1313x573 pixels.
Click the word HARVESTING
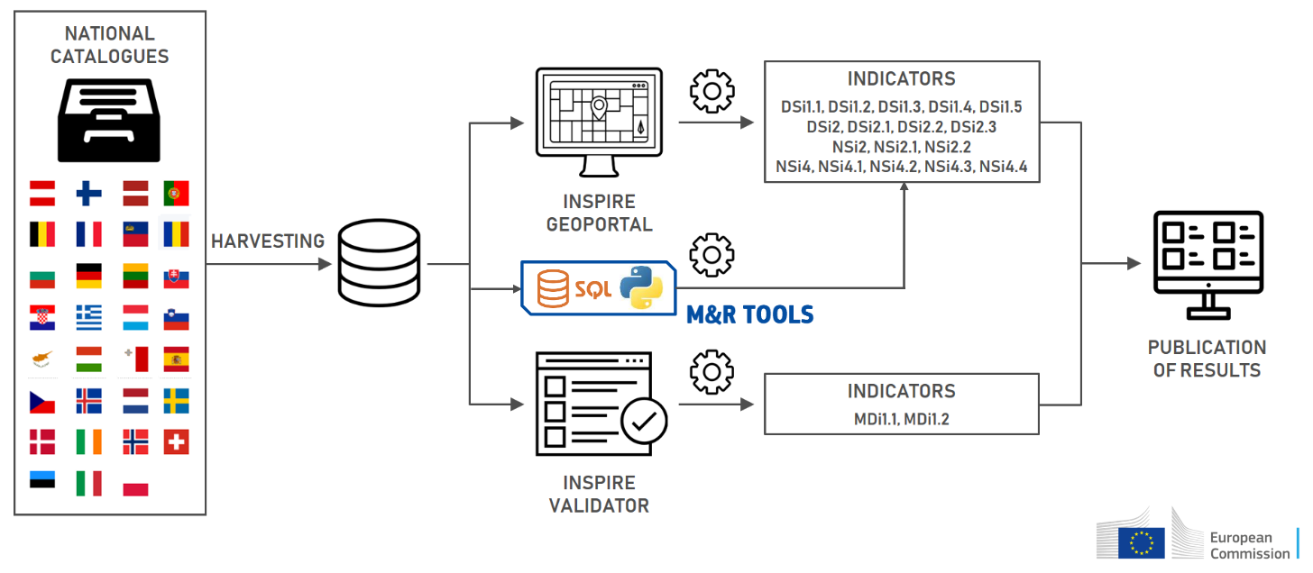click(268, 241)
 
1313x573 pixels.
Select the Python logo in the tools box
click(641, 288)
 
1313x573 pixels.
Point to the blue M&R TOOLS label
click(750, 314)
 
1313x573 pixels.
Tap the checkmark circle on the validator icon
click(644, 420)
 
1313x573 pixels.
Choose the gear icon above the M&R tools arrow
click(712, 254)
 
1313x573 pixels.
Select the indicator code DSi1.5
click(1000, 107)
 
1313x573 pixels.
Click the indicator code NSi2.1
click(902, 146)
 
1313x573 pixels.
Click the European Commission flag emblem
click(1141, 542)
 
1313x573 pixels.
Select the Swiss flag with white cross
click(176, 441)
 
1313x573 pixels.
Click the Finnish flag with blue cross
click(88, 193)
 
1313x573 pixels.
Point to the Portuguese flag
click(176, 193)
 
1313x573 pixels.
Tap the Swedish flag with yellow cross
click(176, 400)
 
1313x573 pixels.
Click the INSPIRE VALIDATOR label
click(599, 494)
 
